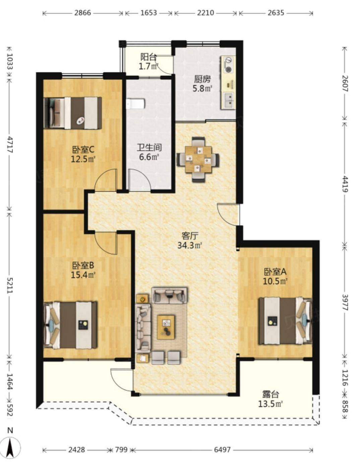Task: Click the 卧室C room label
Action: pos(83,150)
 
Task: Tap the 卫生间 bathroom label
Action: pos(149,148)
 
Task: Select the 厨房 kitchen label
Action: pos(202,79)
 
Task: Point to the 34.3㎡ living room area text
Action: pos(190,245)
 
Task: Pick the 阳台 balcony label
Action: pos(148,57)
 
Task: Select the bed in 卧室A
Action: pos(285,321)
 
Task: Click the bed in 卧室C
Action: pos(73,113)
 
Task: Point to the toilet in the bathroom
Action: pos(136,104)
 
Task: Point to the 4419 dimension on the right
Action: pos(345,184)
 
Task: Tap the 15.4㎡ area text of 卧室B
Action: pos(83,274)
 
